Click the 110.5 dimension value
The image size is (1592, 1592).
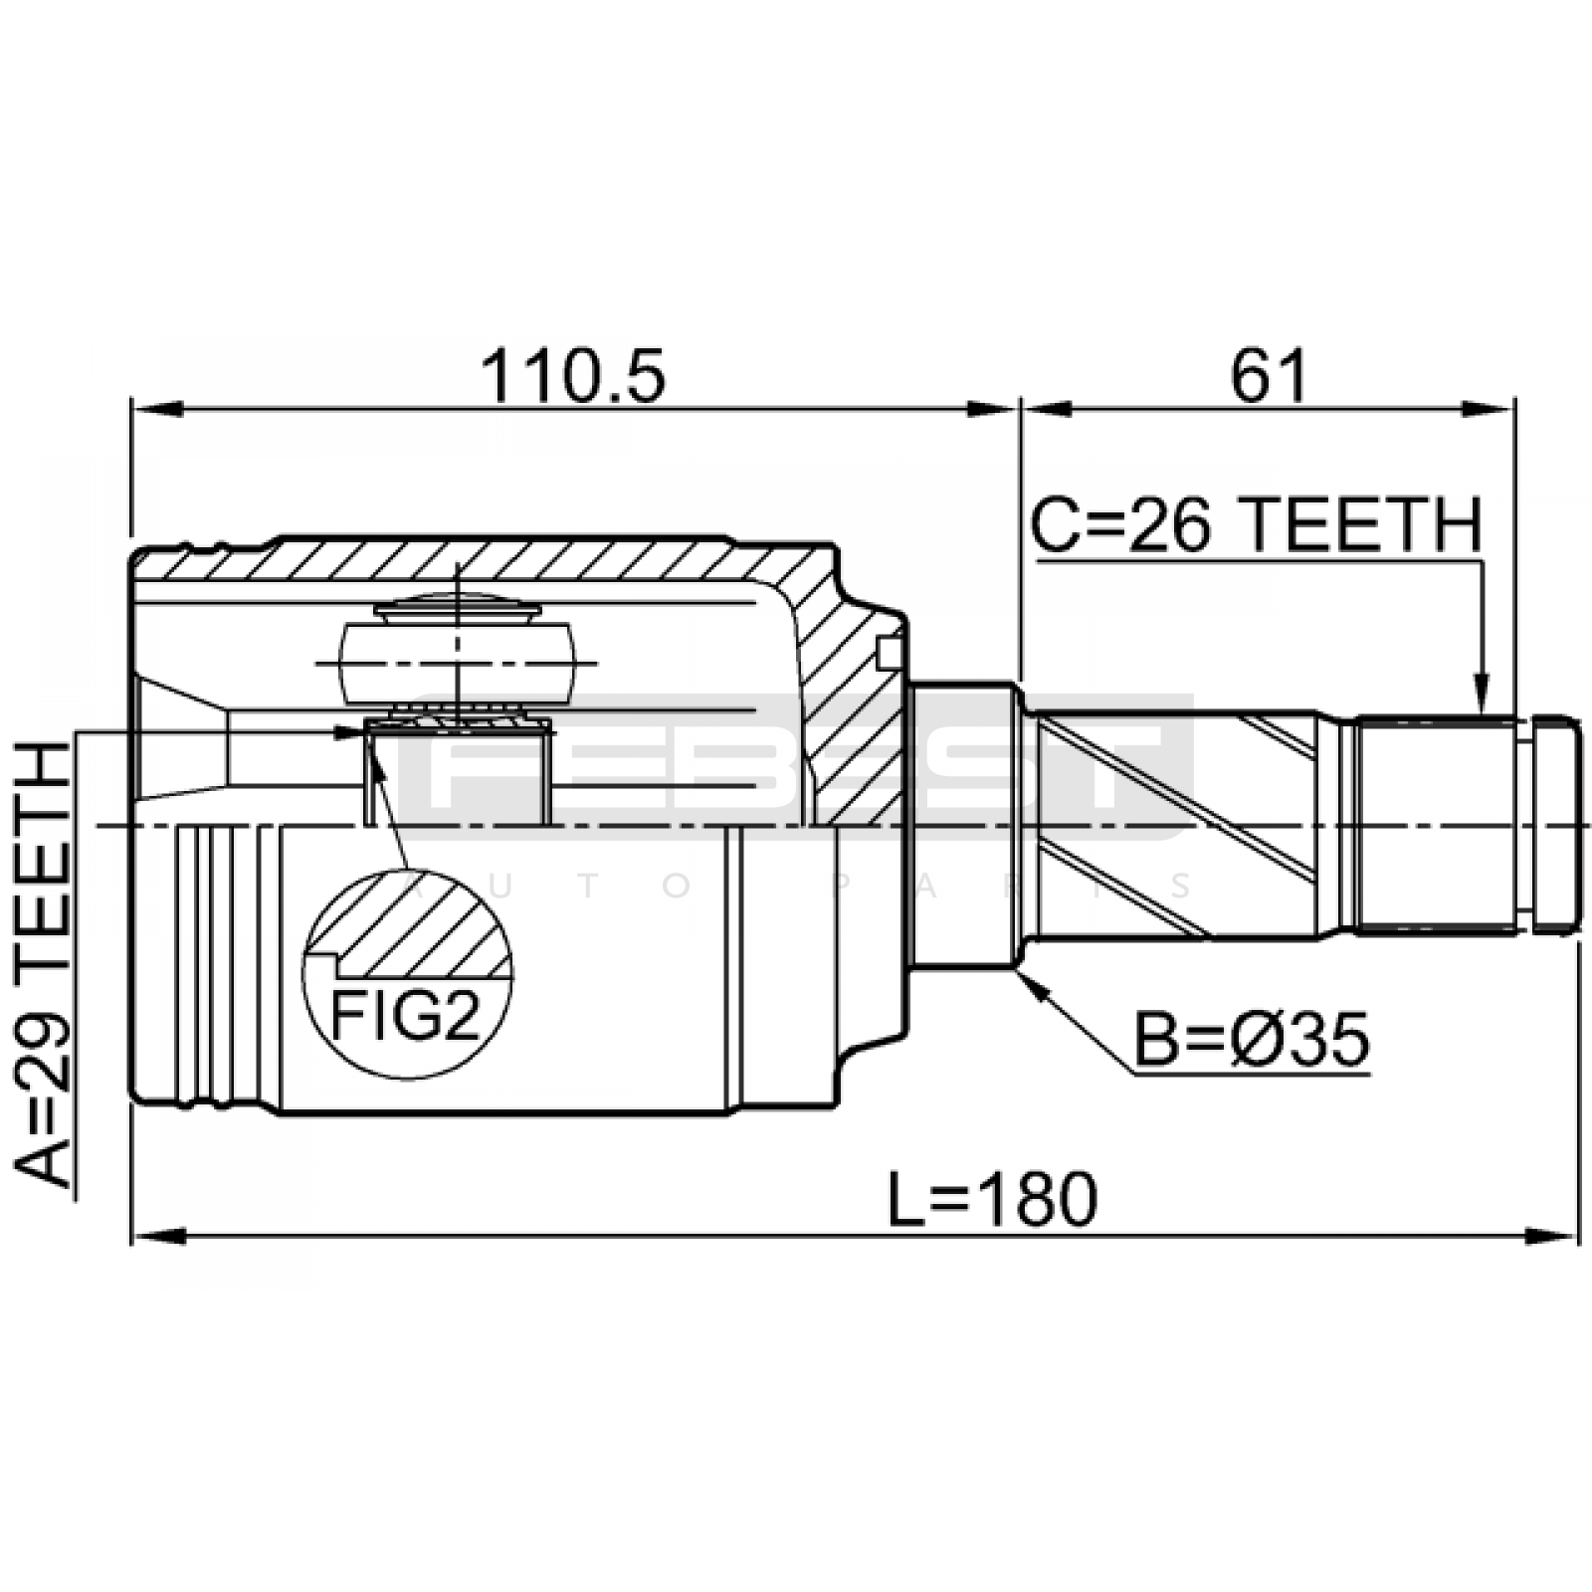(x=572, y=377)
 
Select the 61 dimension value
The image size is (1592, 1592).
(x=1270, y=377)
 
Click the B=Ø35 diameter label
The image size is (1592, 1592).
(x=1252, y=1041)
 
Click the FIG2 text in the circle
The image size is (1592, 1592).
(x=405, y=1015)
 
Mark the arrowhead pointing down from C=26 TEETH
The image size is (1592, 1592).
(x=1482, y=694)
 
